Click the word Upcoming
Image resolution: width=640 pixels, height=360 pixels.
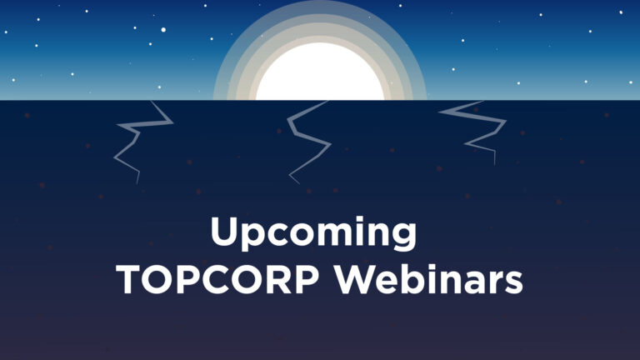click(313, 233)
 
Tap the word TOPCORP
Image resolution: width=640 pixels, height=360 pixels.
click(218, 280)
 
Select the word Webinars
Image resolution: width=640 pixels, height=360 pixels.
click(429, 279)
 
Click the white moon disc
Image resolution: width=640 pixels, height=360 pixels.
click(320, 72)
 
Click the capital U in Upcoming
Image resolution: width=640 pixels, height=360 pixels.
click(224, 231)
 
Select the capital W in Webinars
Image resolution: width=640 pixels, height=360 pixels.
click(355, 280)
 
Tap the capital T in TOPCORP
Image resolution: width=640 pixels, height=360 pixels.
click(129, 280)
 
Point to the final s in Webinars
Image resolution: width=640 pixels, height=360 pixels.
click(513, 283)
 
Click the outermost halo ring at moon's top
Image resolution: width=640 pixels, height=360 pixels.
click(320, 3)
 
